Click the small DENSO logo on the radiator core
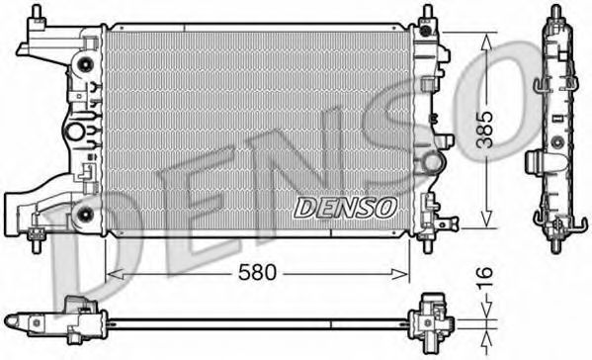(345, 206)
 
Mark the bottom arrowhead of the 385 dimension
(486, 224)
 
